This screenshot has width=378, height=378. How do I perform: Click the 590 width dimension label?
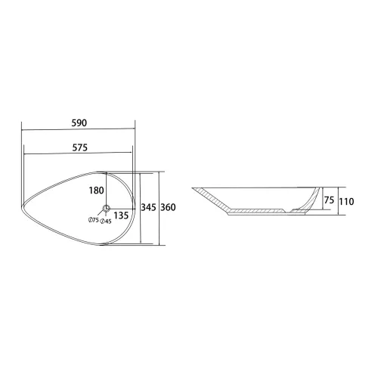pos(79,123)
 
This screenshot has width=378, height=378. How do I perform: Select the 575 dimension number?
pos(80,147)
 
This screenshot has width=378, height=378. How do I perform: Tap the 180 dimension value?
pos(96,191)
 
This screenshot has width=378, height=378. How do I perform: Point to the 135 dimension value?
pos(121,215)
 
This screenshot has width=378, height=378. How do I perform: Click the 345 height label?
pos(148,207)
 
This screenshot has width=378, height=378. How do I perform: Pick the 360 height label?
pos(168,207)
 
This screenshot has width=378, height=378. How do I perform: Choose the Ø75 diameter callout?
pos(93,220)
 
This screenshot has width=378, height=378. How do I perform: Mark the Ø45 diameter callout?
pos(106,222)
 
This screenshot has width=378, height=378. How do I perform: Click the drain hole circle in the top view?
pos(107,208)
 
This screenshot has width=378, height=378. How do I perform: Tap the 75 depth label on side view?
pos(329,200)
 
